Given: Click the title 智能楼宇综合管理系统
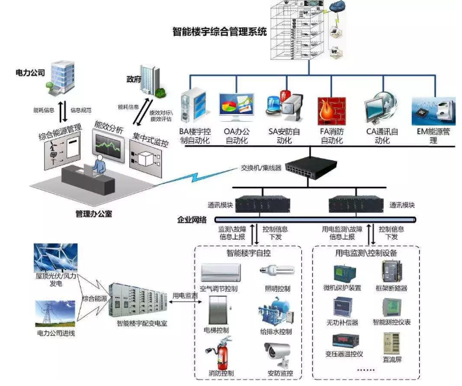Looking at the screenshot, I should tap(219, 31).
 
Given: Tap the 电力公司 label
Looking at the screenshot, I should tap(30, 74).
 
